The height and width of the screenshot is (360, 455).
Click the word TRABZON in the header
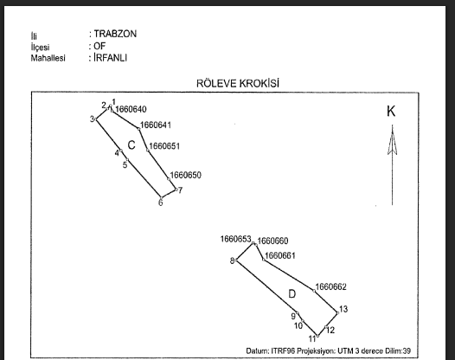[x=115, y=34]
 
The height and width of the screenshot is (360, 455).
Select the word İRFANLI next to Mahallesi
[x=110, y=57]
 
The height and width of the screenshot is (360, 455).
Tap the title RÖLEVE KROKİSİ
[x=238, y=83]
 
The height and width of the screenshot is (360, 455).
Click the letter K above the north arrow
[x=391, y=111]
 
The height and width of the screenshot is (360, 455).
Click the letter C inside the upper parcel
[x=131, y=145]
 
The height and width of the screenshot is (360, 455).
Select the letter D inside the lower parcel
[x=292, y=294]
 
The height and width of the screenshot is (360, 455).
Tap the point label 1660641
[x=156, y=125]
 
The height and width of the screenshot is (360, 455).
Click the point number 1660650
[x=185, y=175]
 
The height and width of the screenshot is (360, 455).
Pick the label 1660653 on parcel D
[x=235, y=239]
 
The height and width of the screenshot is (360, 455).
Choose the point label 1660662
[x=330, y=286]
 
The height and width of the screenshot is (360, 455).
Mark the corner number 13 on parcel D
[x=343, y=309]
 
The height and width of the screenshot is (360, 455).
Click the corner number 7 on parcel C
[x=180, y=190]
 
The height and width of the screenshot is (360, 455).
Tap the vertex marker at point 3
[x=96, y=119]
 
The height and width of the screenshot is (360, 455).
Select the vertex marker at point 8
[x=236, y=260]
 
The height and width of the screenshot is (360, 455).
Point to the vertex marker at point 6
[x=161, y=197]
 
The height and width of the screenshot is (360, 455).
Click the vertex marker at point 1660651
[x=148, y=150]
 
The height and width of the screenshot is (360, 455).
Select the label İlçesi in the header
[x=40, y=47]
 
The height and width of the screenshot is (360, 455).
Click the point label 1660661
[x=280, y=255]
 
